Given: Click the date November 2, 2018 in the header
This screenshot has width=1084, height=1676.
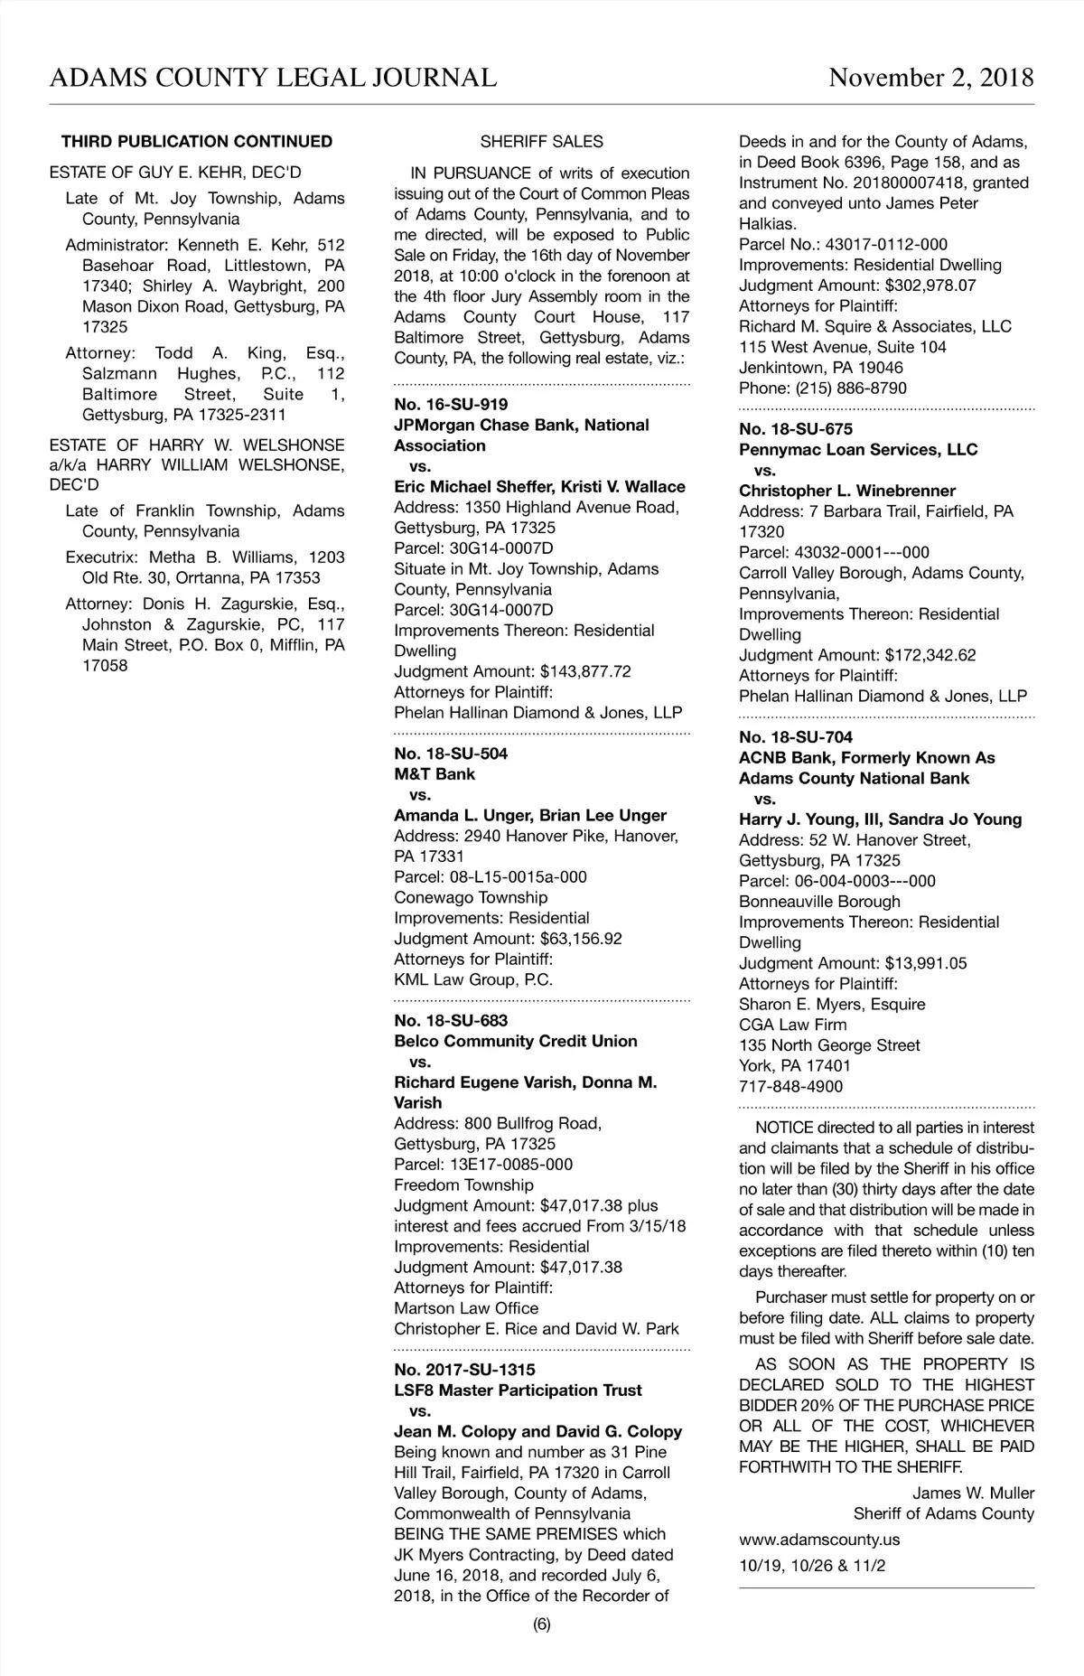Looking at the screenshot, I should pyautogui.click(x=930, y=78).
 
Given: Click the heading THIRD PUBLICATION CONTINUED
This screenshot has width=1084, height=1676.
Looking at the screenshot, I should pyautogui.click(x=197, y=142).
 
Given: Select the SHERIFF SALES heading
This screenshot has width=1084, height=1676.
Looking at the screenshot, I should pyautogui.click(x=541, y=142).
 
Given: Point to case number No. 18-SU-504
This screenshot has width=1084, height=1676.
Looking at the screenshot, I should pyautogui.click(x=451, y=754).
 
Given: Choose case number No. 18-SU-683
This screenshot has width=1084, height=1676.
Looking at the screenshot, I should pyautogui.click(x=451, y=1021).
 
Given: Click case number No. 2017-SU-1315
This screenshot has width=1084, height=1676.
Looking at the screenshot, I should pyautogui.click(x=464, y=1370).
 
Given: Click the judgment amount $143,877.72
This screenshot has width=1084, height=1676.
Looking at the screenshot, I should pyautogui.click(x=585, y=671).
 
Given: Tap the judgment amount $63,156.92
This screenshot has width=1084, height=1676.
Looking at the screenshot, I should pyautogui.click(x=581, y=939).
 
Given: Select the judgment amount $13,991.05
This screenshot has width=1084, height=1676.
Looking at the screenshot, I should pyautogui.click(x=926, y=963).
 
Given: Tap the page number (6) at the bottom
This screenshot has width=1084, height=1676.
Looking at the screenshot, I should pyautogui.click(x=541, y=1625).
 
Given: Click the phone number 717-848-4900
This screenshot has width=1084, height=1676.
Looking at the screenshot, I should pyautogui.click(x=790, y=1087).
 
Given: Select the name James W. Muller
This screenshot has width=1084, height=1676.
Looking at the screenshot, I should pyautogui.click(x=973, y=1493).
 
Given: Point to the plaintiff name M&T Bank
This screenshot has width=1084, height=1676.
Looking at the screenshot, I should pyautogui.click(x=435, y=774).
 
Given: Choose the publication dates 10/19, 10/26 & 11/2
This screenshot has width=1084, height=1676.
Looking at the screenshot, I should pyautogui.click(x=812, y=1566).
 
